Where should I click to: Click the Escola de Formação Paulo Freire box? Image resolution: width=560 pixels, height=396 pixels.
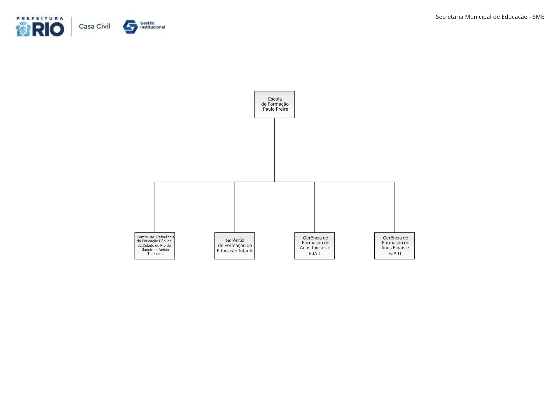point(274,104)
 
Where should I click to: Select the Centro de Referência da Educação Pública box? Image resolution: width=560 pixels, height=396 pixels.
point(155,246)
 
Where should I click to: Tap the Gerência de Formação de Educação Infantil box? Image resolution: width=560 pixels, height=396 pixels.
point(235,246)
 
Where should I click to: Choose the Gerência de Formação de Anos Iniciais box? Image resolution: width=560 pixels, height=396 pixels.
point(314,246)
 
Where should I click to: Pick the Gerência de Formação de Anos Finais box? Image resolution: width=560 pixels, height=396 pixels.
point(395,246)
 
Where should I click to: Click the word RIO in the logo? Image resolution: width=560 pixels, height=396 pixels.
point(48,29)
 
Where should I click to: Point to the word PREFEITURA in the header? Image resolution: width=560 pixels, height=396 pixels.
point(40,18)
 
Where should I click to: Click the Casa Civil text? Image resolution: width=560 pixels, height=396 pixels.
point(95,26)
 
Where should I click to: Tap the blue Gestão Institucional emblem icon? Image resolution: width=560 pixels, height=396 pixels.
point(130,27)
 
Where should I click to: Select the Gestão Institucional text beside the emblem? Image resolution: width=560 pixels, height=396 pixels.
point(153,25)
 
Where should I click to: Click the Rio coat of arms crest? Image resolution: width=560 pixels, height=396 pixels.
point(23,29)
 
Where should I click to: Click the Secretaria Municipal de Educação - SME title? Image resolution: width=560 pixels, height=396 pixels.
point(490,17)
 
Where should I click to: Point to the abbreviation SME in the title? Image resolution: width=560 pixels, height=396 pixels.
point(538,17)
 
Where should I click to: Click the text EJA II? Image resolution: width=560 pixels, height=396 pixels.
point(395,253)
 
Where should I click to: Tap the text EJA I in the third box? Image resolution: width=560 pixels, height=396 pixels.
point(314,253)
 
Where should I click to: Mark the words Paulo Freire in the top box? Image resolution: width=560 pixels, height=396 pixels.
point(276,109)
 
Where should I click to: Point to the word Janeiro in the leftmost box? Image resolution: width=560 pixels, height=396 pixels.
point(148,250)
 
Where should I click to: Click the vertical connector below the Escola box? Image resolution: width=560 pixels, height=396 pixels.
point(275,150)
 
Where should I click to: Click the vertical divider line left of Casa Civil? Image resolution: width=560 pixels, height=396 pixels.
point(72,27)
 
